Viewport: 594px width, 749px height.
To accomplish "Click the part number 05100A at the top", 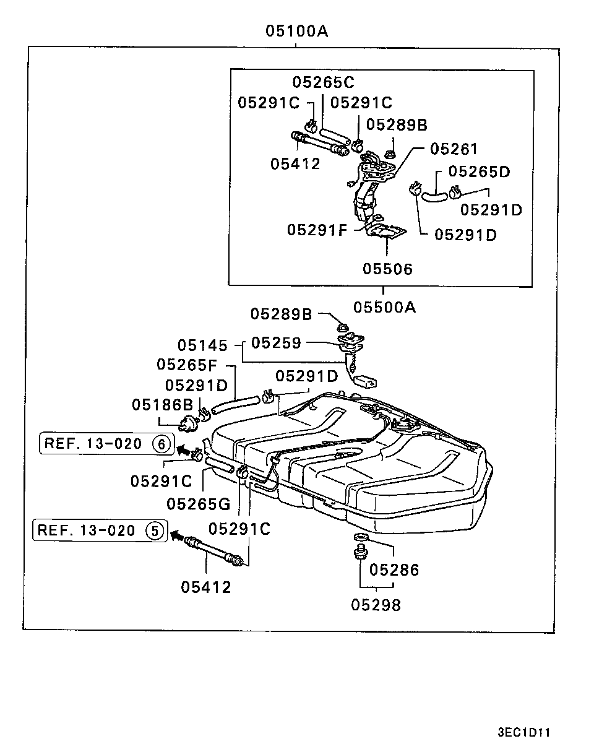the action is tap(297, 31).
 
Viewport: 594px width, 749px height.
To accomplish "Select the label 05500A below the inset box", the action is tap(384, 307).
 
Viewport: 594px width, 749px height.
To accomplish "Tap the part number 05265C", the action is tap(323, 82).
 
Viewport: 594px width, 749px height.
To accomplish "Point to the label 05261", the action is tap(454, 149).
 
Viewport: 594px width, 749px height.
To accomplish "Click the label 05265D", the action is tap(479, 171).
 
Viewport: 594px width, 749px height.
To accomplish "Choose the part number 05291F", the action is tap(317, 230).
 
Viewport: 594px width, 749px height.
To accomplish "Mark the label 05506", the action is tap(388, 269).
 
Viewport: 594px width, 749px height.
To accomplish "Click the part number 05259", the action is tap(276, 343).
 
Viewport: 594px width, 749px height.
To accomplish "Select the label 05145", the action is tap(202, 345).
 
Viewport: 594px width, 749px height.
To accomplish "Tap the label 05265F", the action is tap(187, 365).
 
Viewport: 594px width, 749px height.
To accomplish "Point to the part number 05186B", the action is tap(163, 405).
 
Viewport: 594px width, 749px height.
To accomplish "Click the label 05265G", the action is tap(199, 504).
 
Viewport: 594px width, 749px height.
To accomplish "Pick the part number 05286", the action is tap(394, 570).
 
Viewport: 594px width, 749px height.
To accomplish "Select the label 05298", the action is tap(376, 605).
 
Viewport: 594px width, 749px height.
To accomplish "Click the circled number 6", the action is tap(161, 444).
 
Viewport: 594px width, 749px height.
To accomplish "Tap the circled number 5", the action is tap(155, 531).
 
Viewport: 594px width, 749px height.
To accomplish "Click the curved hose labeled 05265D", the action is tap(434, 196).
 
